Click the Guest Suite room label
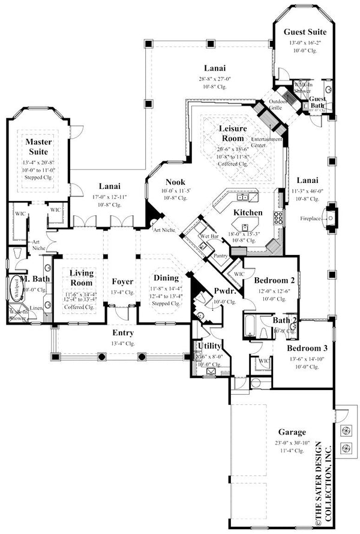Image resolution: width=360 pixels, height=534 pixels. (305, 32)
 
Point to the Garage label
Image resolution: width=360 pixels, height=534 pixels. (292, 432)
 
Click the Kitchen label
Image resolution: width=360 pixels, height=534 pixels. (248, 213)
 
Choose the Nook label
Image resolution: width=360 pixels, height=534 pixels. (175, 182)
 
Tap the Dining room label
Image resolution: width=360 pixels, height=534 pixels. (166, 278)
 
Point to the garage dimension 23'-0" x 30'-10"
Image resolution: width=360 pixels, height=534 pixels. (292, 442)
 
